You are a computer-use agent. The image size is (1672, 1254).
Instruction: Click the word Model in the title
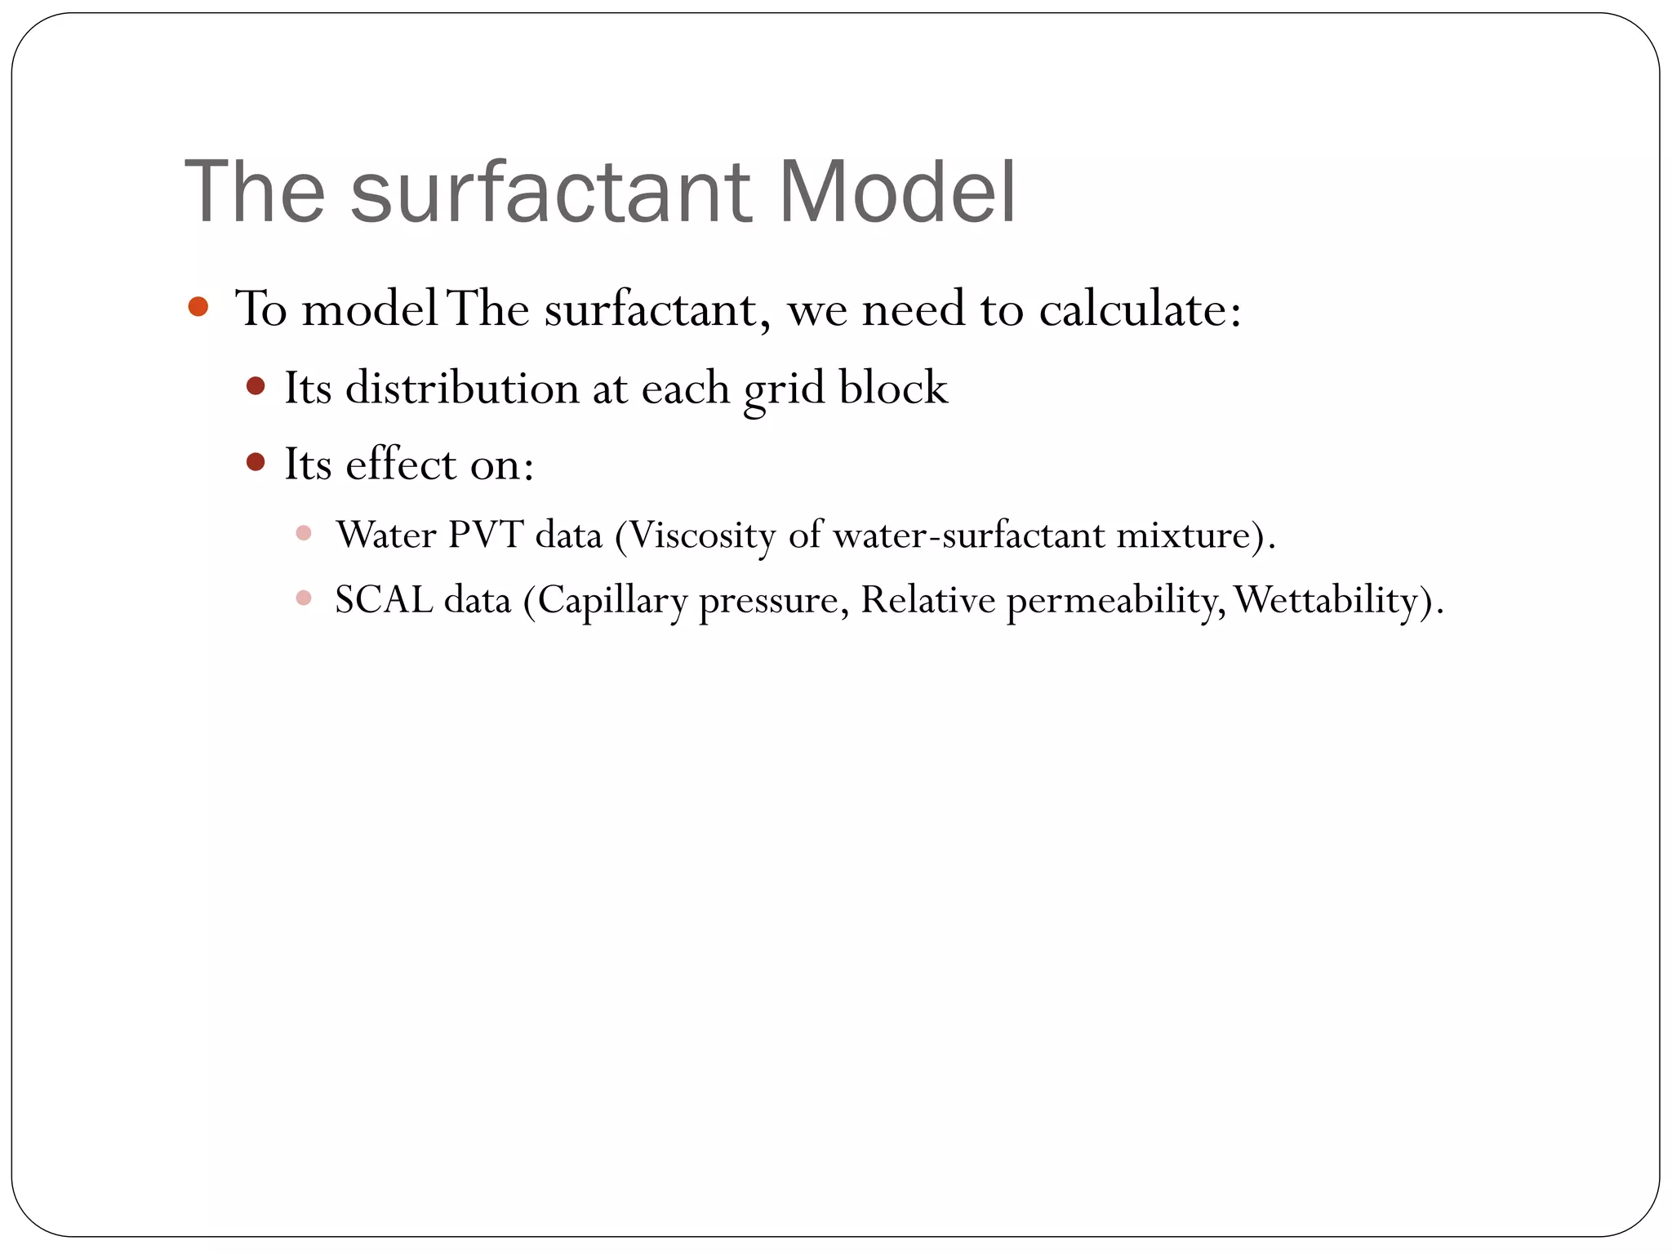(896, 193)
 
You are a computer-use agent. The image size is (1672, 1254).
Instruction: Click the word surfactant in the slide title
(549, 193)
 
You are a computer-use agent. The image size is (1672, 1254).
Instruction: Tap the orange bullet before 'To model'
(198, 307)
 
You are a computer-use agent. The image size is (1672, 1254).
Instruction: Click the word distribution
(461, 388)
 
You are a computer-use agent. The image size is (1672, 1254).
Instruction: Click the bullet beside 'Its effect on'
(256, 463)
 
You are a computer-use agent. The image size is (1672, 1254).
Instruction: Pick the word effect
(400, 465)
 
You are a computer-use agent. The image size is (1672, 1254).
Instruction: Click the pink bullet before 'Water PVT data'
(304, 534)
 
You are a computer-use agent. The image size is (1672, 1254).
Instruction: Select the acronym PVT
(485, 536)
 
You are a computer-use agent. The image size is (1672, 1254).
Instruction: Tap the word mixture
(1183, 536)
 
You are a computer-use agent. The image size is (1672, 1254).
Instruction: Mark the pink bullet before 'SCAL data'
(304, 598)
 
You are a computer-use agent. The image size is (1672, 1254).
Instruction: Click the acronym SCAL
(384, 601)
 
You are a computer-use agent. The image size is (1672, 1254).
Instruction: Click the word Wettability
(1326, 601)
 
